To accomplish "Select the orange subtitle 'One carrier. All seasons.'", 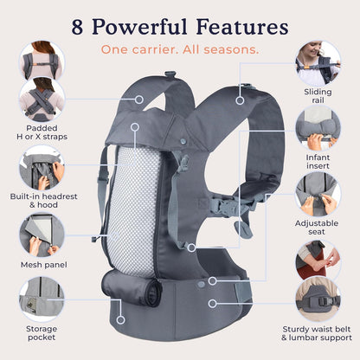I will click(x=179, y=49).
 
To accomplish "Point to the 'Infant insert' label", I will click(x=318, y=164).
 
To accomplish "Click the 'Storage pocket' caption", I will click(x=41, y=334).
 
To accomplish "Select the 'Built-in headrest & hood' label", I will click(x=41, y=200).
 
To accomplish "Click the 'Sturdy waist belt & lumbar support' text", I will click(x=318, y=334).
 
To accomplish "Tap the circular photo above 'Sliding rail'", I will click(x=317, y=62).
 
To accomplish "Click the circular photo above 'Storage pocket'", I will click(x=41, y=299).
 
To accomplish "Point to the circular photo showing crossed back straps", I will click(x=41, y=100).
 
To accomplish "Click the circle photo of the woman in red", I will click(x=317, y=262).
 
